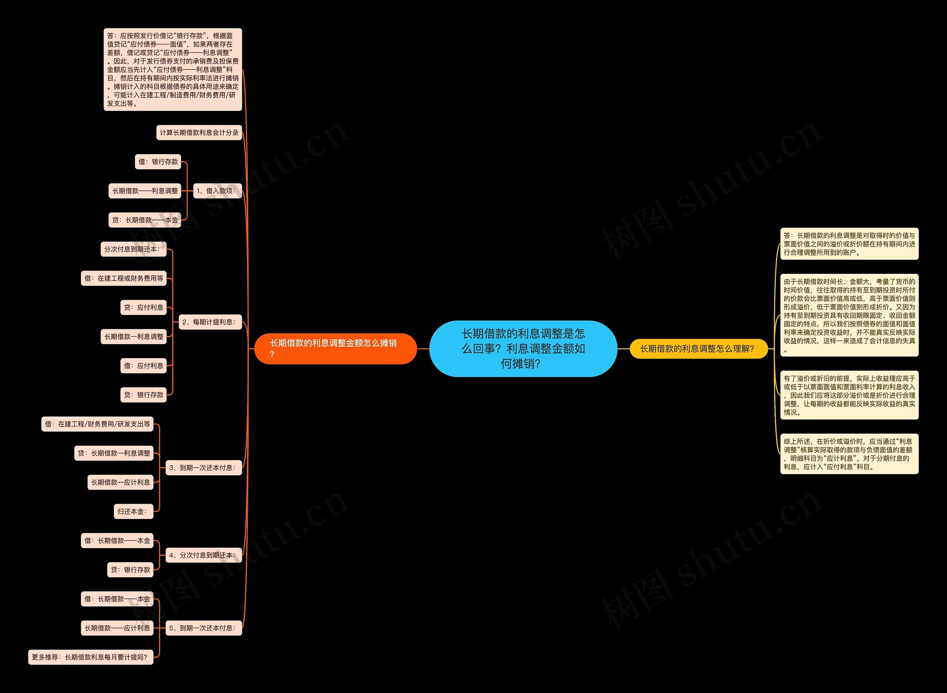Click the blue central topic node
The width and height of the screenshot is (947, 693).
coord(523,349)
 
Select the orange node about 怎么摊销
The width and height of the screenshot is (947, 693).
coord(336,349)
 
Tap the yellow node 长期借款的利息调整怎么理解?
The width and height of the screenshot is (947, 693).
coord(698,349)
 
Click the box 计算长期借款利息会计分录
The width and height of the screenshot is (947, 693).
coord(199,133)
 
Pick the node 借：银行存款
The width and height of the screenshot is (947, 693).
coord(158,162)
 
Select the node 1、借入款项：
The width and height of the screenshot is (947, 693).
coord(217,191)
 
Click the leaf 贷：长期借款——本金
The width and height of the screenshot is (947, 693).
coord(145,220)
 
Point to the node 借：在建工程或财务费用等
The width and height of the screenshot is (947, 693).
coord(124,278)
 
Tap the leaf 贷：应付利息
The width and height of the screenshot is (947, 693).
coord(144,308)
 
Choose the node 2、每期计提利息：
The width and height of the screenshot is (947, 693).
coord(210,322)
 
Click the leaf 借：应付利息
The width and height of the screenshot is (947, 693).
coord(144,366)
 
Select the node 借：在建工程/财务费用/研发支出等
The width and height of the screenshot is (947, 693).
coord(97,424)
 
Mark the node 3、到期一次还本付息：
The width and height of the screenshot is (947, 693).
coord(203,468)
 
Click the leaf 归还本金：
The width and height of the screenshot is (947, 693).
coord(133,512)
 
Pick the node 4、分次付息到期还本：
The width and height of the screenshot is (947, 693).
coord(203,555)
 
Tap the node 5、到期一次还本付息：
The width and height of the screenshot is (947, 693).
coord(203,628)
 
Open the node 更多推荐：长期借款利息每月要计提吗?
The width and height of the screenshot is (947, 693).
coord(91,657)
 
